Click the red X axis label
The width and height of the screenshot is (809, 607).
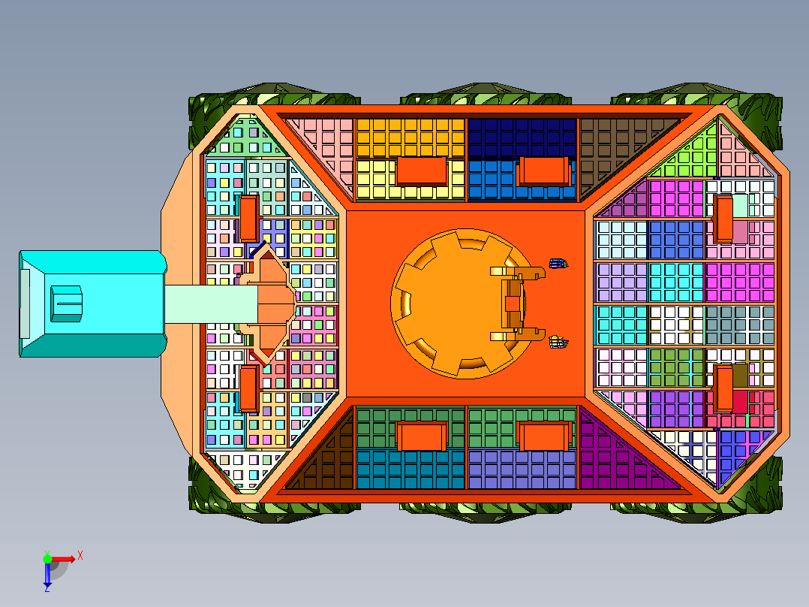click(80, 556)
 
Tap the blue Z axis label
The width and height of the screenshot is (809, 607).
click(47, 588)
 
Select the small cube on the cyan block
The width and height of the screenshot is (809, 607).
click(66, 303)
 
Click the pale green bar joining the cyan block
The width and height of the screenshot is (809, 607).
click(211, 304)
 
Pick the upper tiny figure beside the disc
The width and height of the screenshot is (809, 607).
click(558, 264)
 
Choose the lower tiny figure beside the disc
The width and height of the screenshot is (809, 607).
click(558, 342)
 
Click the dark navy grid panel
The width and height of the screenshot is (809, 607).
click(522, 137)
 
